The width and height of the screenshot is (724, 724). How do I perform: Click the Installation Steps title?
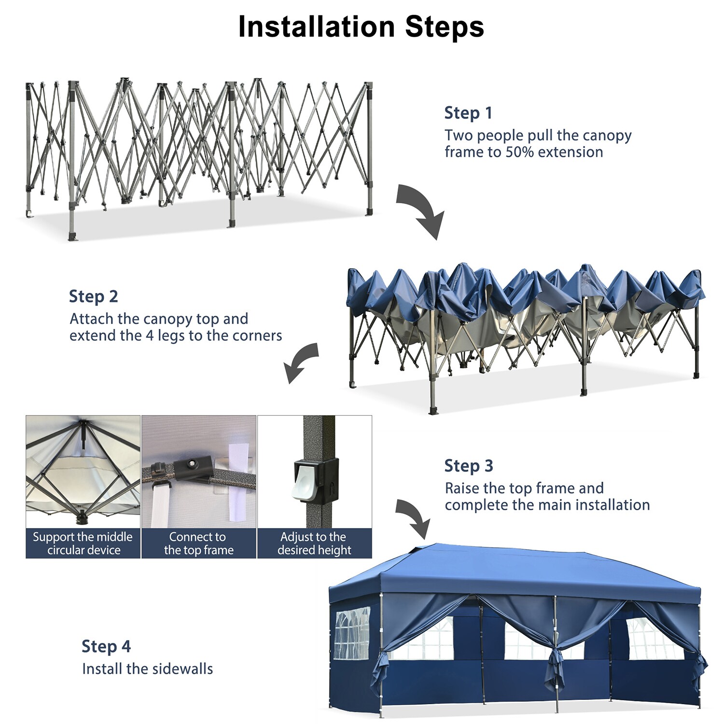[x=361, y=27]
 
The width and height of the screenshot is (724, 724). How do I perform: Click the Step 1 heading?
[x=468, y=113]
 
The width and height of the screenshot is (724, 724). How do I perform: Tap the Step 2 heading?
[x=93, y=296]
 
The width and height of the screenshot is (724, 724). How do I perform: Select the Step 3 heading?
[x=468, y=466]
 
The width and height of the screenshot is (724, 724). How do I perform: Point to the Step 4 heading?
[x=106, y=646]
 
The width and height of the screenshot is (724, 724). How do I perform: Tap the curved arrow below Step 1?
[x=419, y=210]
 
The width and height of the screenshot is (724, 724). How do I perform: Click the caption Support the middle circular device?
[x=83, y=543]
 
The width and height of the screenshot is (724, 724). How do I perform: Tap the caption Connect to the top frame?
[x=198, y=543]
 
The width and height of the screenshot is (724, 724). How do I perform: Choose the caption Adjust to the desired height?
[x=314, y=543]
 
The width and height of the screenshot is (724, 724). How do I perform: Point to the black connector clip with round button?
[x=193, y=467]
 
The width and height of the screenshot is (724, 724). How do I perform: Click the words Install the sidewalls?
[x=147, y=669]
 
